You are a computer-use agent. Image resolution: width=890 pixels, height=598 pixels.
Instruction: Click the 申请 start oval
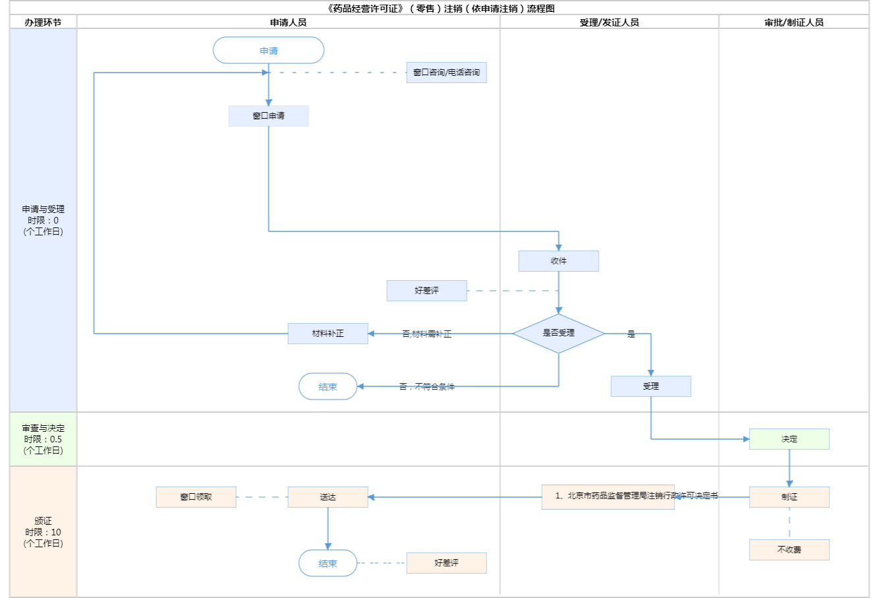click(x=268, y=51)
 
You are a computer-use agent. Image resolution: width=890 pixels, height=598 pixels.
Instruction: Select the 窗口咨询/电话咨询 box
click(x=446, y=73)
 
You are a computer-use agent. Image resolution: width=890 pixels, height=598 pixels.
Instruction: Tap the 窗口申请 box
click(x=268, y=116)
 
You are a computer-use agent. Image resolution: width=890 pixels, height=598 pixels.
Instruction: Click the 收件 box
click(x=558, y=261)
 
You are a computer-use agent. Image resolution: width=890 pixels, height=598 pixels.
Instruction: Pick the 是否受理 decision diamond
click(x=558, y=333)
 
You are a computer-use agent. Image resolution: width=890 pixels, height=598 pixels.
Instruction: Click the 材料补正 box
click(x=328, y=334)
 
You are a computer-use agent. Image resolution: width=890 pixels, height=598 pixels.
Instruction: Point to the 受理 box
click(x=651, y=386)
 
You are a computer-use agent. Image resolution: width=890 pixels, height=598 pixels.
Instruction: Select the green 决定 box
click(x=789, y=439)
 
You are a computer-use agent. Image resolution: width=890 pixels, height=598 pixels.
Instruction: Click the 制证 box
click(x=789, y=497)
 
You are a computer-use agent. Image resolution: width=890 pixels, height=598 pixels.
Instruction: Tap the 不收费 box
click(x=789, y=550)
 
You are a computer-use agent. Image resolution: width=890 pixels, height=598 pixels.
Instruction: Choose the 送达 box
click(x=328, y=497)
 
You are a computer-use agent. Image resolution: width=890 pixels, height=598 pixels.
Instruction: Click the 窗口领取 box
click(x=196, y=497)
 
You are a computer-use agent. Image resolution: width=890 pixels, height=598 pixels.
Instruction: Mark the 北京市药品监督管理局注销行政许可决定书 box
click(x=608, y=496)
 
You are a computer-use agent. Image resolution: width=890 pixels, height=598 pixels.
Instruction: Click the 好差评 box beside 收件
click(x=427, y=291)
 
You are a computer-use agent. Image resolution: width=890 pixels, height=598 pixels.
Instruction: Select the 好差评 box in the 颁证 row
click(x=446, y=563)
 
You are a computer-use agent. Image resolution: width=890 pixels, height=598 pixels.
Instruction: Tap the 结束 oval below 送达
click(x=328, y=563)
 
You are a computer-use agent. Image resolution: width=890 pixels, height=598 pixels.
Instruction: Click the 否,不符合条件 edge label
click(x=427, y=386)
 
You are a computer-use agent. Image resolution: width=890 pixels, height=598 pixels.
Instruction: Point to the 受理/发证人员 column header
click(x=609, y=22)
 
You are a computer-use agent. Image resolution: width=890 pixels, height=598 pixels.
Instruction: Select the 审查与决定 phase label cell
click(x=43, y=439)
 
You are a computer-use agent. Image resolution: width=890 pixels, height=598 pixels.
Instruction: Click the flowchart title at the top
click(x=440, y=9)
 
